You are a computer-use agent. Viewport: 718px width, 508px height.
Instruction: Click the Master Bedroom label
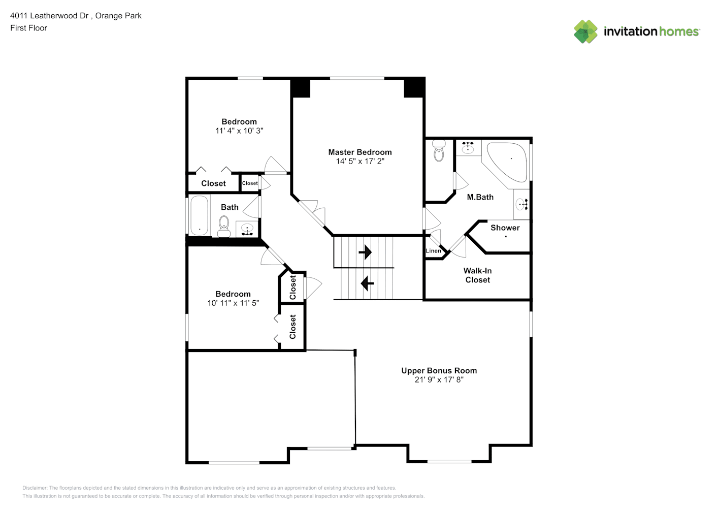(360, 152)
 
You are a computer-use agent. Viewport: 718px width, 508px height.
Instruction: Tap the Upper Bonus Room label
(439, 370)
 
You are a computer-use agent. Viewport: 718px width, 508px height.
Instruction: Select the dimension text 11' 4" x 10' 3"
(239, 131)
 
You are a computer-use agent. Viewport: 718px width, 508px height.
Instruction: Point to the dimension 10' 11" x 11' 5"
(233, 303)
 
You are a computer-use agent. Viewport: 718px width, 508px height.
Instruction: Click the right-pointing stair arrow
(365, 252)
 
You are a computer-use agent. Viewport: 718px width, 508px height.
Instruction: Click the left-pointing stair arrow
(367, 283)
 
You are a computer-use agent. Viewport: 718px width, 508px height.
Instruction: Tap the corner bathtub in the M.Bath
(506, 162)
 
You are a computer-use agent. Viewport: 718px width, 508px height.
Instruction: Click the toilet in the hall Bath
(224, 227)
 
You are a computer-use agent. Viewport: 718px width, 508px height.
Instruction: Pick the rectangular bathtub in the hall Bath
(200, 215)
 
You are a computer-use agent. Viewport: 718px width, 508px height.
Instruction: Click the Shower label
(505, 228)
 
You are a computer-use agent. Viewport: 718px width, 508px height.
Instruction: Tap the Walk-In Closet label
(478, 275)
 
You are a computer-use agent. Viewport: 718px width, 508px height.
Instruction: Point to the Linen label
(433, 251)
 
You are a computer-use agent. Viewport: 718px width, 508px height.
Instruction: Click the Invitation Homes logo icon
(585, 31)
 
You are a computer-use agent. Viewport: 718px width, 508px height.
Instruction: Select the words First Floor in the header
(28, 28)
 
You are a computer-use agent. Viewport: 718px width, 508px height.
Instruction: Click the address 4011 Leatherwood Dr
(49, 16)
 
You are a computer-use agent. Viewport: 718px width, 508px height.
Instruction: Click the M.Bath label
(480, 197)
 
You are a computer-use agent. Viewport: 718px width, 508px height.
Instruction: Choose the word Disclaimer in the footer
(35, 488)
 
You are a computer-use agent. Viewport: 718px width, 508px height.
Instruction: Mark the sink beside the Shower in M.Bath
(522, 204)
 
